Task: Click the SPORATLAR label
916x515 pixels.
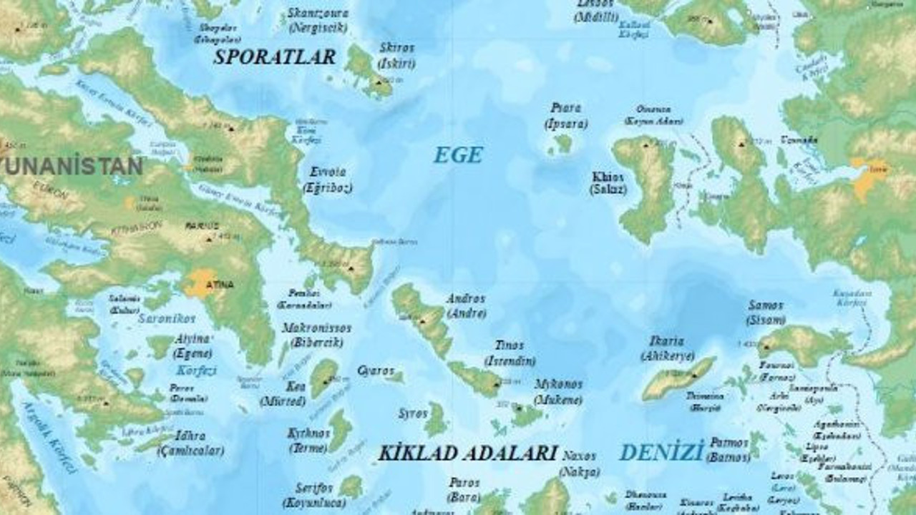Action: (x=274, y=57)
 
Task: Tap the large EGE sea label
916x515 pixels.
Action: (x=458, y=155)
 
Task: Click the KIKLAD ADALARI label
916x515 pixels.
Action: (x=467, y=453)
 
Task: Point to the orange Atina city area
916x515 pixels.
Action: (x=202, y=283)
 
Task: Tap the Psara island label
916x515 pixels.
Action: (x=565, y=115)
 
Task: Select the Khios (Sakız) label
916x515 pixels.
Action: (x=608, y=183)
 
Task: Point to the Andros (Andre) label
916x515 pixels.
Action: (x=466, y=305)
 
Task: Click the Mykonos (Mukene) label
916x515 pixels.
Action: (x=557, y=392)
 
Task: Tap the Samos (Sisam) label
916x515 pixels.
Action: (x=766, y=313)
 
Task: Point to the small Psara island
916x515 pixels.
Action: (x=563, y=144)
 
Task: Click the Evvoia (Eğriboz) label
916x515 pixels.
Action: (x=328, y=180)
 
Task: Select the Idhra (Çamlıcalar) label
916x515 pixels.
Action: (x=190, y=443)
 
